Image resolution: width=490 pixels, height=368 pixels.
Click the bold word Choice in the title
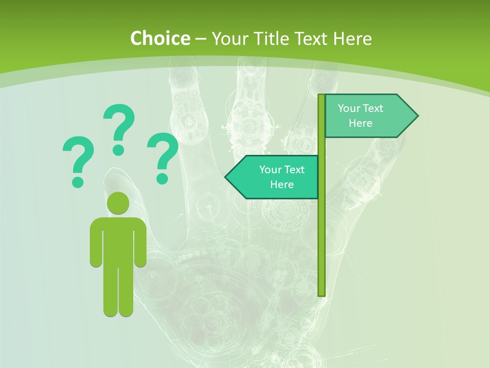pyautogui.click(x=160, y=38)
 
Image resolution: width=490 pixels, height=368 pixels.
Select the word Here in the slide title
pyautogui.click(x=352, y=38)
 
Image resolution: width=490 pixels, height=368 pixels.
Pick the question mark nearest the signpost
pyautogui.click(x=163, y=156)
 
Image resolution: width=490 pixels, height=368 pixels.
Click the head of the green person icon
pyautogui.click(x=118, y=203)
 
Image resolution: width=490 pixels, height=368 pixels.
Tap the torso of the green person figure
pyautogui.click(x=118, y=240)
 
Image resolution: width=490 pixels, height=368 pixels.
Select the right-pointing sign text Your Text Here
pyautogui.click(x=360, y=116)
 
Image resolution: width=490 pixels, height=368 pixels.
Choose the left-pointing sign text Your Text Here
pyautogui.click(x=282, y=177)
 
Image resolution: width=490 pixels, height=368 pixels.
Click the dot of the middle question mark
pyautogui.click(x=118, y=149)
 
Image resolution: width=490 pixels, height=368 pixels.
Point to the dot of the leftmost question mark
pyautogui.click(x=78, y=181)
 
